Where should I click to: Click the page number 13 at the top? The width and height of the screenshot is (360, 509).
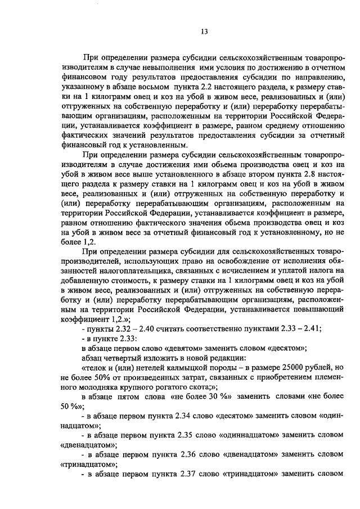click(204, 31)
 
